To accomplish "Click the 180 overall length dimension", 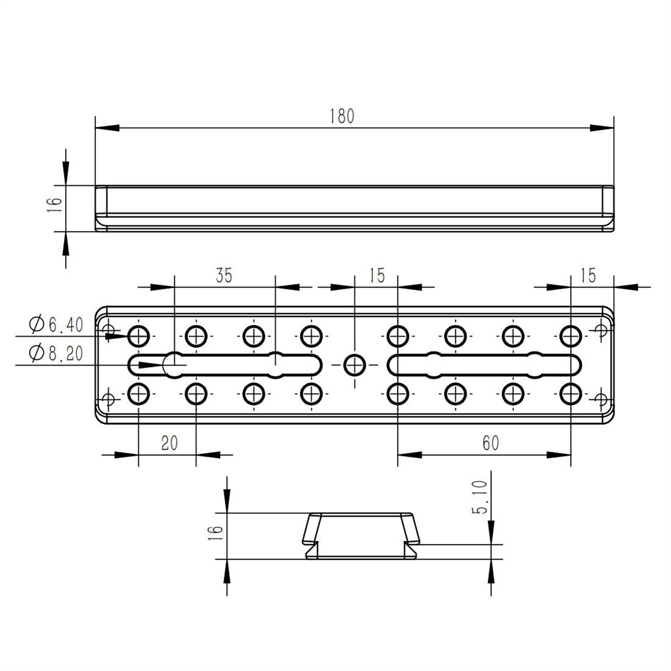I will pyautogui.click(x=342, y=116).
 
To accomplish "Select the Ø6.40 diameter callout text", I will pyautogui.click(x=57, y=325).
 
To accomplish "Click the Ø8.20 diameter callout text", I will pyautogui.click(x=57, y=354).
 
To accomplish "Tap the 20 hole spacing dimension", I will pyautogui.click(x=169, y=443).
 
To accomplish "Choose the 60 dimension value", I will pyautogui.click(x=490, y=443).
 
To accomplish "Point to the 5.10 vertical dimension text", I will pyautogui.click(x=481, y=499).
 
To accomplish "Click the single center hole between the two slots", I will pyautogui.click(x=354, y=364).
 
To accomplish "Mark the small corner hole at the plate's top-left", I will pyautogui.click(x=108, y=330).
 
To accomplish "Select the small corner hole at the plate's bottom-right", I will pyautogui.click(x=601, y=398).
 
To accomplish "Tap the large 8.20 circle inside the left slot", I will pyautogui.click(x=174, y=364).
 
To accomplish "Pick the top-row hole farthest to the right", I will pyautogui.click(x=570, y=334).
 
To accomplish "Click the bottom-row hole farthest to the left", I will pyautogui.click(x=138, y=393).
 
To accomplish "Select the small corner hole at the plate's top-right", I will pyautogui.click(x=601, y=330).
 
